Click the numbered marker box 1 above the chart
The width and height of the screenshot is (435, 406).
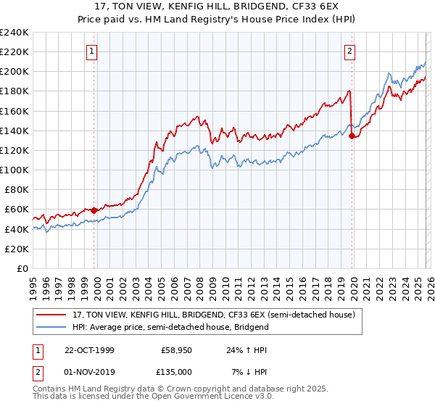(93, 51)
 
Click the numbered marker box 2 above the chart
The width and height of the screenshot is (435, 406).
(349, 51)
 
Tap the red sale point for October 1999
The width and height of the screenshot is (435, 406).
(94, 210)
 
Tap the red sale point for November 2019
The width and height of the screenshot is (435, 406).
(352, 136)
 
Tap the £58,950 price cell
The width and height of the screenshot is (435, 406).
(176, 350)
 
